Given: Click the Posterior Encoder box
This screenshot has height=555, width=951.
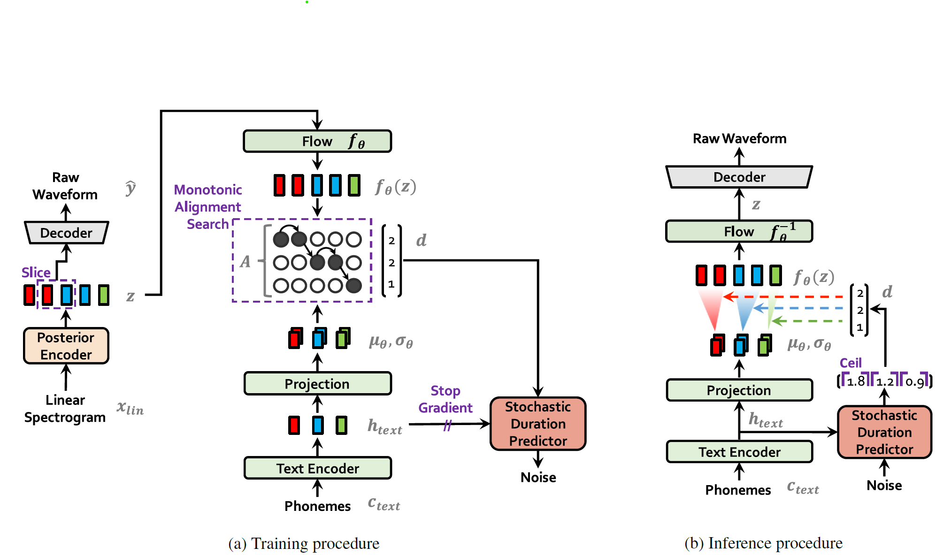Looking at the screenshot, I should pos(66,346).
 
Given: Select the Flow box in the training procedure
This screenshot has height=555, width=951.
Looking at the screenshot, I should pos(317,141).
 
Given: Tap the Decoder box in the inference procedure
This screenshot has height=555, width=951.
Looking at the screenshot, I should pos(739,177).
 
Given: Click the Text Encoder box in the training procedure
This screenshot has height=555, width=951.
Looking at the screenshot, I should pos(317,468).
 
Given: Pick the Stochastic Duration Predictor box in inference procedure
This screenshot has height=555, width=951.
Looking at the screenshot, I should pos(884,432).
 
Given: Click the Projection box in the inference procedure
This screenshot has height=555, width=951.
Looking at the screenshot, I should pos(739,390).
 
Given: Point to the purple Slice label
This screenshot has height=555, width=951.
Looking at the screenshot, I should pos(36,273).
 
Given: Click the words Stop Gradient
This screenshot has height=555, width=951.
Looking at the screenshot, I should pos(445,399).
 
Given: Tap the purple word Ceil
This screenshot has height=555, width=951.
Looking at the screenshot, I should pos(851,363).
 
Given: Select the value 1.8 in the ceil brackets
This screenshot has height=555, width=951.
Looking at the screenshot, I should pos(856,381).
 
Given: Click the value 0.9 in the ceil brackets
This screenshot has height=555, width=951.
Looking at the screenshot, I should pos(914,381).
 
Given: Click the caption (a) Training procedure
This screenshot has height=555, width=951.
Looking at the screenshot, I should pos(304,543).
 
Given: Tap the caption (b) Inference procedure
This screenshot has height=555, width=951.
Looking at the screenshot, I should pos(763,543).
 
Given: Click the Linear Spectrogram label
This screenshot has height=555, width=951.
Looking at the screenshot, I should pos(65,409).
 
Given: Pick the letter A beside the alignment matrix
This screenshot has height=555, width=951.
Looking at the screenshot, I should pos(245,261).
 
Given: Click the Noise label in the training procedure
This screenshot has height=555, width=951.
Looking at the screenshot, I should pos(538,477).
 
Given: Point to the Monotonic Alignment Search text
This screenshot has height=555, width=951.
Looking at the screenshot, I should pos(208,207).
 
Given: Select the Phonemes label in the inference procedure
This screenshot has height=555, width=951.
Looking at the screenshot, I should pos(738,490).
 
